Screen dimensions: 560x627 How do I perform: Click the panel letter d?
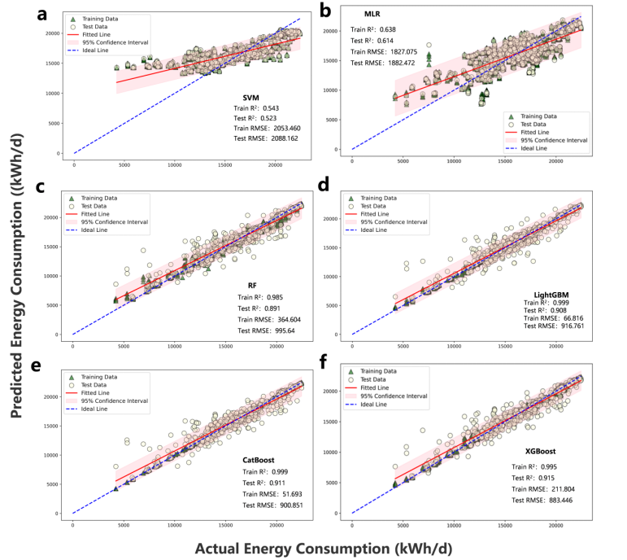tap(324, 185)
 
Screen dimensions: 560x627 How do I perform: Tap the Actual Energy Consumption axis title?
tap(325, 548)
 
